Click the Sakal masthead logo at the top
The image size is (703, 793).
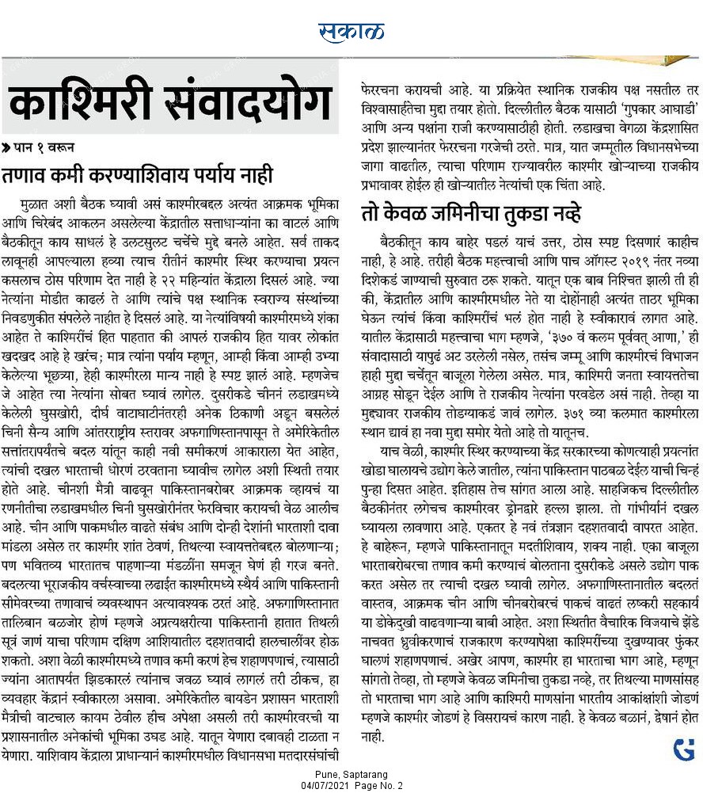[x=351, y=32]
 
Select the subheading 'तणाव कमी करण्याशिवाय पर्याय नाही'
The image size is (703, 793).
[x=138, y=174]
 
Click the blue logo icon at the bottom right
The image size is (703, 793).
[x=683, y=749]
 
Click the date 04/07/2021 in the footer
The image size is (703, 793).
[x=322, y=785]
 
